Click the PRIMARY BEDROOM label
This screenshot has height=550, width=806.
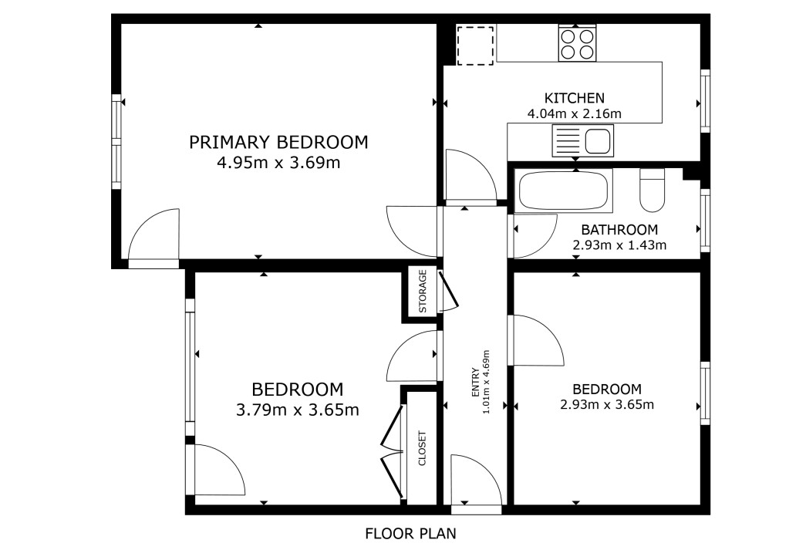tap(278, 142)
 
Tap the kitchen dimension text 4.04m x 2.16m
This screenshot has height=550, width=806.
tap(574, 113)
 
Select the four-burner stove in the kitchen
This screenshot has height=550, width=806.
tap(577, 44)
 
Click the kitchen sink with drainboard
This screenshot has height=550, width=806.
tap(582, 140)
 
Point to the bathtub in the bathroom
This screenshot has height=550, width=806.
tap(564, 191)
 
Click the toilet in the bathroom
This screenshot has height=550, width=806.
tap(652, 190)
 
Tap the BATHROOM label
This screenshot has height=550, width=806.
tap(619, 229)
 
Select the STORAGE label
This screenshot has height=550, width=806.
tap(423, 292)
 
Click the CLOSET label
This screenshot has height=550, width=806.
tap(423, 448)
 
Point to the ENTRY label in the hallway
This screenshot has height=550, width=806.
tap(475, 382)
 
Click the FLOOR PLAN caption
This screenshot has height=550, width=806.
tap(410, 534)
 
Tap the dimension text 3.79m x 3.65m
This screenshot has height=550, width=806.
tap(298, 410)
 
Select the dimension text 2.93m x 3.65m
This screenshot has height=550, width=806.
tap(607, 404)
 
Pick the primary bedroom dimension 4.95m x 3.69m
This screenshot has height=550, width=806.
tap(278, 163)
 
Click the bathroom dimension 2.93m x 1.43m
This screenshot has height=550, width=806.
tap(619, 245)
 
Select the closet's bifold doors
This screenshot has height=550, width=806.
tap(393, 452)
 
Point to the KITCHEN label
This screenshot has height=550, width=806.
tap(574, 98)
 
